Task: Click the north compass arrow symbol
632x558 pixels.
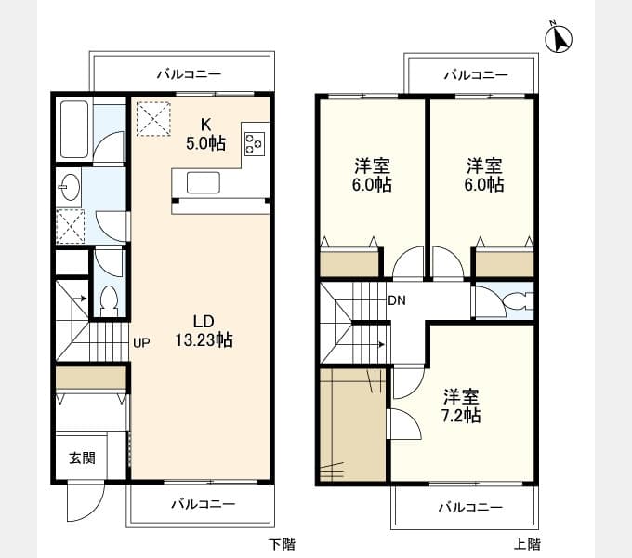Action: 560,38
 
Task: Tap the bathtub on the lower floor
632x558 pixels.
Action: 75,130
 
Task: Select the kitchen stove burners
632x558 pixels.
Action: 254,142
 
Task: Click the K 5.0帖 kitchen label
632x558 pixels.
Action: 205,134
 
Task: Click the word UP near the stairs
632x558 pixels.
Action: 141,343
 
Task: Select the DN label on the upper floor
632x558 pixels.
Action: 397,300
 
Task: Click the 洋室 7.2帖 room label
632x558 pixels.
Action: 461,405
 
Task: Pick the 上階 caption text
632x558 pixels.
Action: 526,544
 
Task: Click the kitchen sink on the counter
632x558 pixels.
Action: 204,182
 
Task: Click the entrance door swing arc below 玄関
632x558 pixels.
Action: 82,507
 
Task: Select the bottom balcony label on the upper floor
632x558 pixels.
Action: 469,507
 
